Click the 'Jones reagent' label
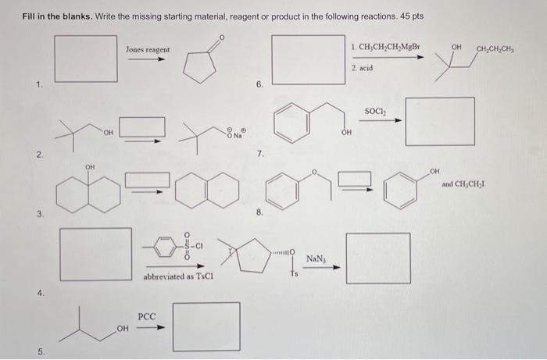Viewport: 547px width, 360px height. [x=147, y=49]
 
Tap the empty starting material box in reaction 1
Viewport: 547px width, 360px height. [x=80, y=60]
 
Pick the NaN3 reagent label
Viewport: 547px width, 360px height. [x=317, y=258]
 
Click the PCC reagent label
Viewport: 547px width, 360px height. [x=148, y=317]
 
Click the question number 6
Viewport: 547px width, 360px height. [x=259, y=83]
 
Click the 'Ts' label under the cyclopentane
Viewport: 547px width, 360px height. [x=295, y=273]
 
